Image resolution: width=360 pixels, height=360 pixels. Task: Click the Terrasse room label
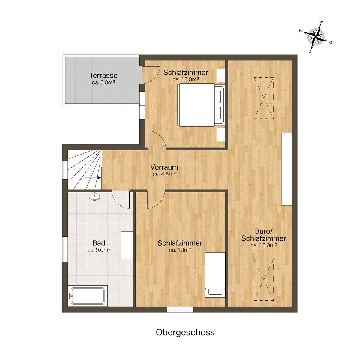[x=103, y=76]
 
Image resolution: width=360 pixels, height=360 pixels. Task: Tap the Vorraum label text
[x=164, y=167]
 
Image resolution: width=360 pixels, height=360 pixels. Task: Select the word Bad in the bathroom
[x=99, y=243]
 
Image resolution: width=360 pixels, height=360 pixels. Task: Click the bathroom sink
[x=95, y=196]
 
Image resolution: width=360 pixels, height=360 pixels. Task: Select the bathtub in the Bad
[x=88, y=298]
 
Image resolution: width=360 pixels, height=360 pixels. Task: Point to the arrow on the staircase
[x=93, y=178]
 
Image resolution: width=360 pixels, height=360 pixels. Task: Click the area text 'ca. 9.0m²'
[x=99, y=250]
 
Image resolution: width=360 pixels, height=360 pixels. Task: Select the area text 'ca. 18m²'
[x=180, y=250]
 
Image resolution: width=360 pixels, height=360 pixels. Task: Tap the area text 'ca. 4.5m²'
[x=164, y=174]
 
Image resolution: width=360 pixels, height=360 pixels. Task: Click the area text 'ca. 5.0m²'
[x=103, y=82]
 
